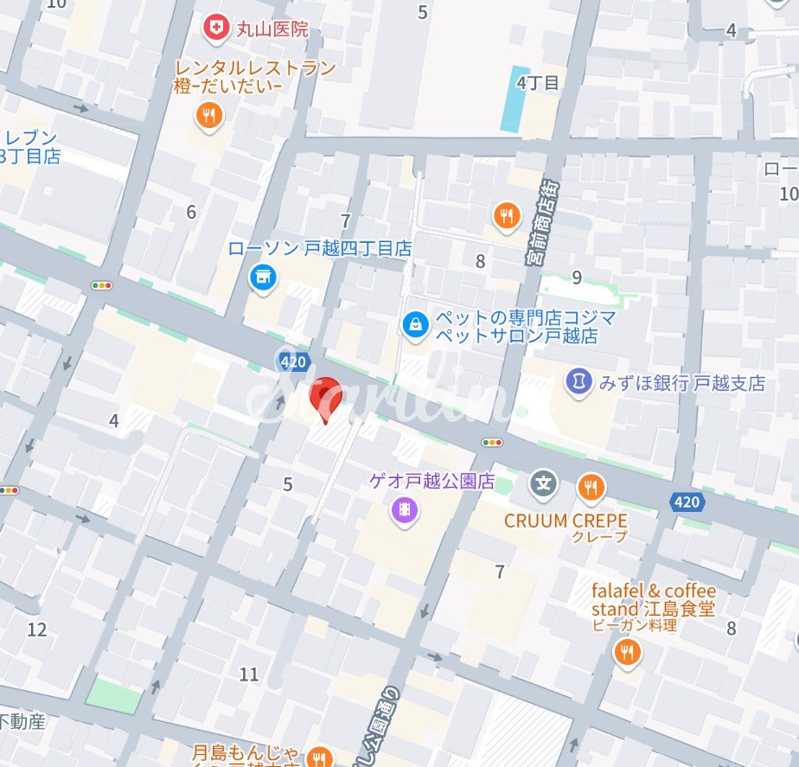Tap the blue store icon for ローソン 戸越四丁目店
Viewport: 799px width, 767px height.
click(x=262, y=278)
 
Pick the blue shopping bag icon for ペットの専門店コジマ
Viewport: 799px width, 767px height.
click(x=416, y=325)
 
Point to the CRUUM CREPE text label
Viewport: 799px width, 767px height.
click(x=566, y=521)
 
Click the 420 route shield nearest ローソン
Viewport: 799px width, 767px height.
click(x=293, y=361)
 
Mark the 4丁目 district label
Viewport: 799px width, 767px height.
click(x=538, y=83)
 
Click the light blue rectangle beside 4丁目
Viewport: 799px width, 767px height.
click(x=515, y=99)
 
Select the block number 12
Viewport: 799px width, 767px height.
click(x=36, y=630)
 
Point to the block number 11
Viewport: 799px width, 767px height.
click(x=249, y=674)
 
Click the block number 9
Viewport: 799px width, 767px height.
click(x=577, y=278)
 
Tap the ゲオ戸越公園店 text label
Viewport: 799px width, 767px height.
click(x=431, y=482)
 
